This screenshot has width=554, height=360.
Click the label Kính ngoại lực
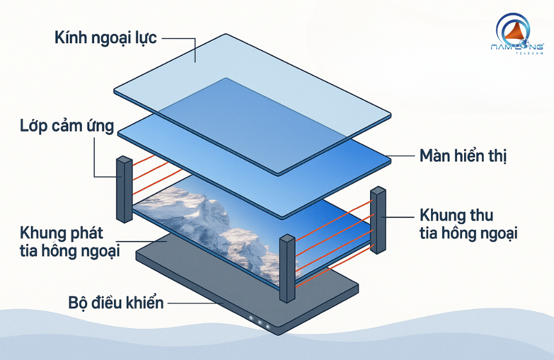(x=106, y=38)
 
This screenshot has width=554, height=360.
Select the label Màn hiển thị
(x=462, y=156)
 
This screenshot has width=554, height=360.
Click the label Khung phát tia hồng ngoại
(x=69, y=240)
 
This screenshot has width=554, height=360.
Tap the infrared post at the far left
(x=124, y=189)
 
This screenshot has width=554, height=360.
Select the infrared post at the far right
(x=378, y=220)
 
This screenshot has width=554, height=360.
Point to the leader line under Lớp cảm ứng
(x=95, y=161)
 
